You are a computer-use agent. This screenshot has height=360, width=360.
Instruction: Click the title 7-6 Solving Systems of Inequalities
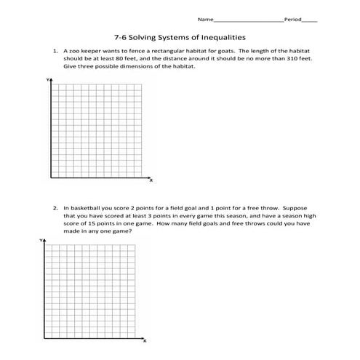tap(180, 36)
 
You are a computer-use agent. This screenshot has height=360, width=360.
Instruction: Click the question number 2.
tap(55, 207)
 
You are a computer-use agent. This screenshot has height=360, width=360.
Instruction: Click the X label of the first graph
tap(151, 179)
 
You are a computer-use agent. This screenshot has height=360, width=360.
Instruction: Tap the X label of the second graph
tap(145, 340)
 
